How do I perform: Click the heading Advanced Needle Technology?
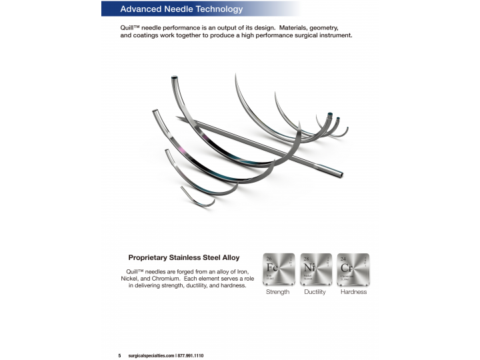(x=181, y=9)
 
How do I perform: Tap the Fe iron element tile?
(x=278, y=269)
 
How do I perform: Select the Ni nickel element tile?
(x=315, y=269)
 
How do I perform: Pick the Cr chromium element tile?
(x=353, y=269)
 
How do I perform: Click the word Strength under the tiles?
(x=277, y=292)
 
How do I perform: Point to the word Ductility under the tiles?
(x=315, y=292)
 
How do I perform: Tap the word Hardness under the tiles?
(x=353, y=292)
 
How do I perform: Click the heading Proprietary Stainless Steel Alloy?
(x=183, y=257)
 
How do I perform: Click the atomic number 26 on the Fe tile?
(x=269, y=258)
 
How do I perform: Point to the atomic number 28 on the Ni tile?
(x=306, y=258)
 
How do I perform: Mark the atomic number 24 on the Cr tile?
(x=343, y=258)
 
